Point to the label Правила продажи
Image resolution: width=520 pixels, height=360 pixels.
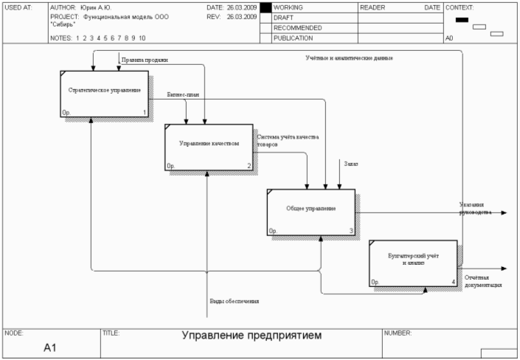click(144, 60)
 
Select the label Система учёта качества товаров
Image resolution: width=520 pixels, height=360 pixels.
click(287, 140)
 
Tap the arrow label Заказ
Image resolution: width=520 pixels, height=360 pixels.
click(350, 164)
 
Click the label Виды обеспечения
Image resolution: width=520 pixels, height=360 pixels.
click(235, 301)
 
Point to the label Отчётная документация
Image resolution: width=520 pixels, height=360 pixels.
click(482, 281)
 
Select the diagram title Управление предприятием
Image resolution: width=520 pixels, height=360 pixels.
click(252, 336)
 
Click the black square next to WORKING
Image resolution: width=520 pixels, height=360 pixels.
click(266, 7)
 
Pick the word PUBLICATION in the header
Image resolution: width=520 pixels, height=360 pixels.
click(293, 38)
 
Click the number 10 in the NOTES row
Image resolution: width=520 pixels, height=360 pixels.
click(142, 38)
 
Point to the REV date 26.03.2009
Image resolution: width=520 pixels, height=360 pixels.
click(242, 15)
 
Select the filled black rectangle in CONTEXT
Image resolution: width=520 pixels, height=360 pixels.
click(462, 20)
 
